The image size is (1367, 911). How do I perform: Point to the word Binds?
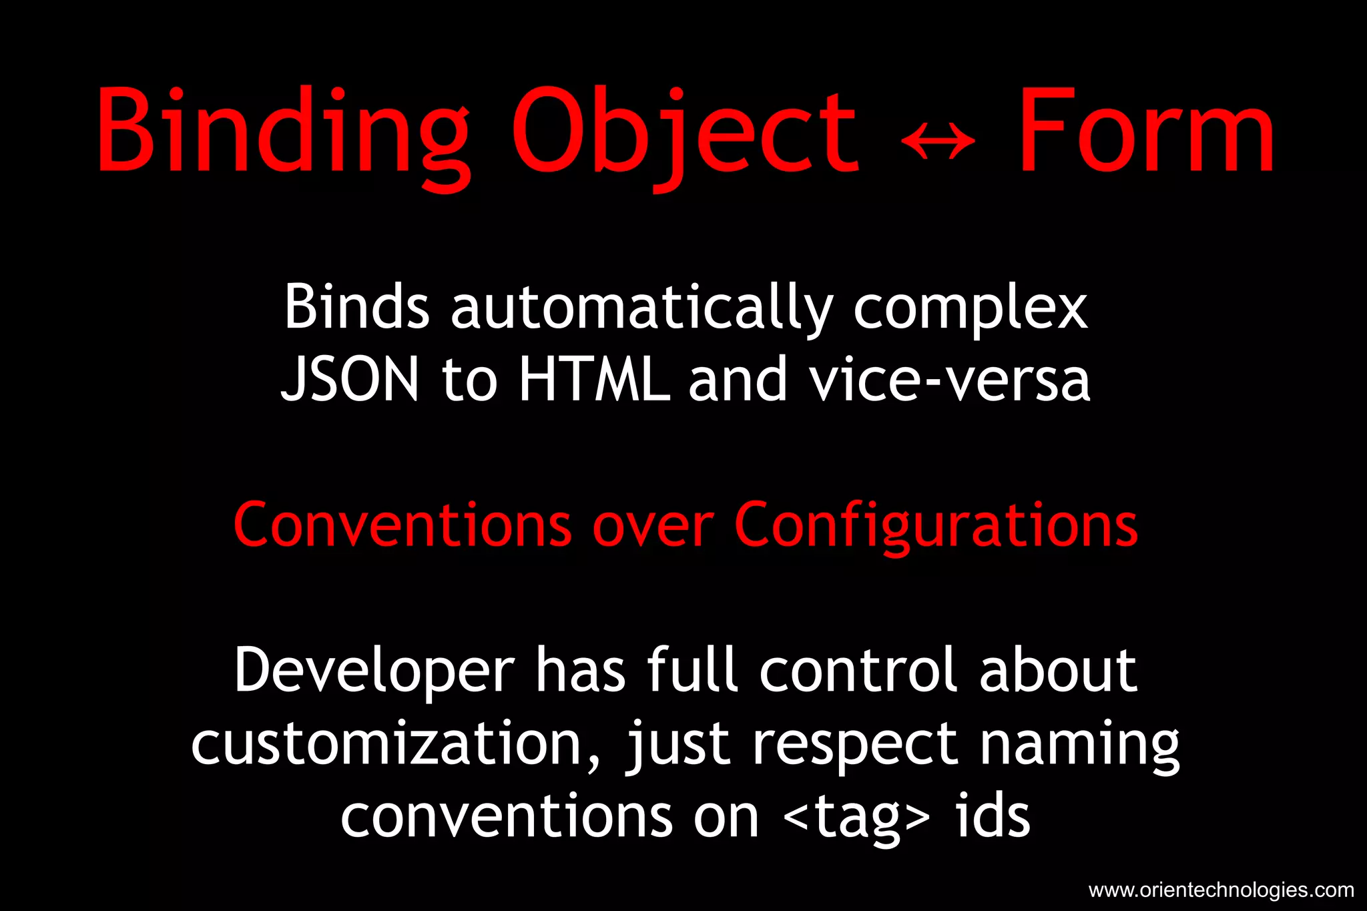point(356,307)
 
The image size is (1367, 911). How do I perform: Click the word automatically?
point(641,307)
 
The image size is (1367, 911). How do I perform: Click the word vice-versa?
point(949,380)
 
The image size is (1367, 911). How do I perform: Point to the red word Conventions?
point(402,525)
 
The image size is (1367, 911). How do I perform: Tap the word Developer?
point(374,671)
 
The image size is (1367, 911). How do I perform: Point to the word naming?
point(1079,745)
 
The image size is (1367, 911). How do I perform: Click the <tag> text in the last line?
point(856,817)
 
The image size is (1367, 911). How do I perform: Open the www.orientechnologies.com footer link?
point(1221,890)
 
